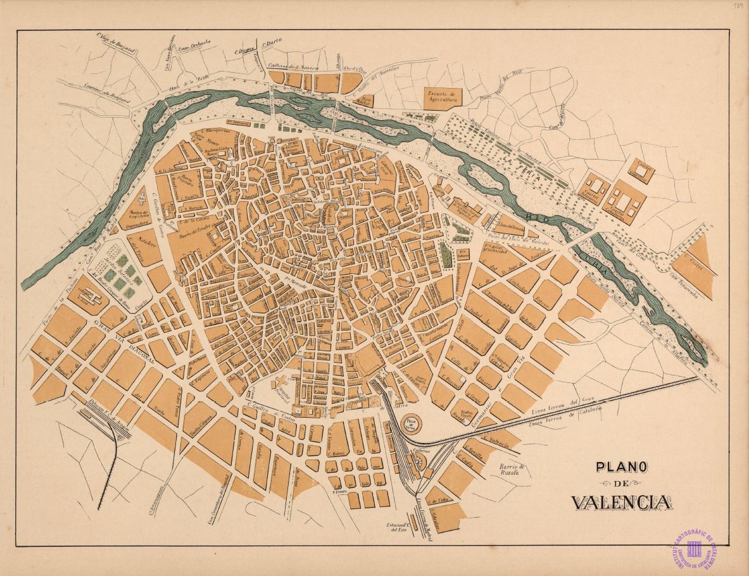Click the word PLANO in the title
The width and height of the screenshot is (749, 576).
(620, 467)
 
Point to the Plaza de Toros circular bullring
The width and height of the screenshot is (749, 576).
(412, 423)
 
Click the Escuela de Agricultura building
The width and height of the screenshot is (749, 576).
(443, 97)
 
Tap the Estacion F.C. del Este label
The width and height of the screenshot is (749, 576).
(398, 528)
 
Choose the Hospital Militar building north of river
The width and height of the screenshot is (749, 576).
(365, 100)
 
